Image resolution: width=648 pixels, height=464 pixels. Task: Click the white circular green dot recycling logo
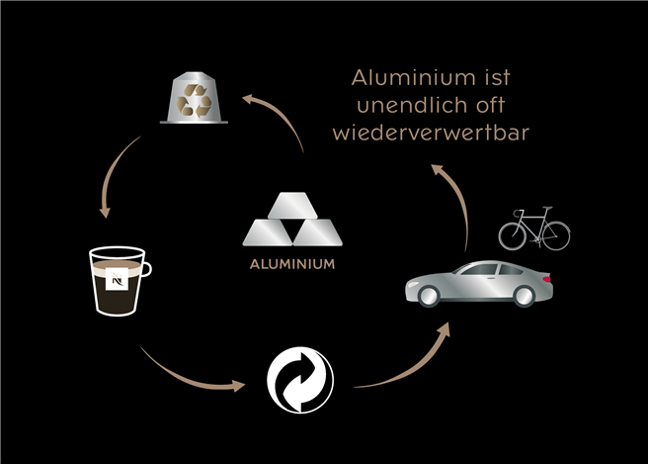click(300, 380)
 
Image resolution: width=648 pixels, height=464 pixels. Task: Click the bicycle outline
click(534, 230)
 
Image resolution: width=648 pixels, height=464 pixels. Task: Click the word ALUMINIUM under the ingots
click(291, 265)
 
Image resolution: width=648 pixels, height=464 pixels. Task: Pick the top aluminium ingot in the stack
click(291, 205)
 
